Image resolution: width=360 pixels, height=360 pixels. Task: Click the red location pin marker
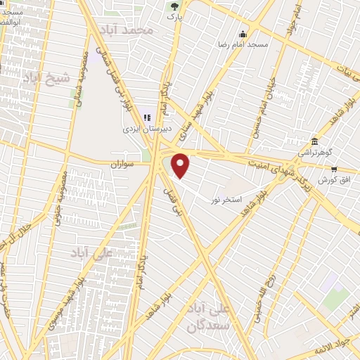point(181,165)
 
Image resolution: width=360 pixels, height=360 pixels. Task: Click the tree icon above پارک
point(174,6)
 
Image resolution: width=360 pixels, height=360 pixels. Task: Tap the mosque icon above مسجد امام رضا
point(243,34)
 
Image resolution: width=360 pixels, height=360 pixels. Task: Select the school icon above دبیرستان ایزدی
point(147,118)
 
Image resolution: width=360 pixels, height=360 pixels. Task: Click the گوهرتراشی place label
point(314,152)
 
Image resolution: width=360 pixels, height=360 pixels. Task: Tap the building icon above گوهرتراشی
point(314,141)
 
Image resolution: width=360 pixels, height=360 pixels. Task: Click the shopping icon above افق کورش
point(333,169)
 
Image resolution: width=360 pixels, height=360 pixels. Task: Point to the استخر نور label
point(226,200)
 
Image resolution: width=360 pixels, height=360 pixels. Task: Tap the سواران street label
point(122,164)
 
